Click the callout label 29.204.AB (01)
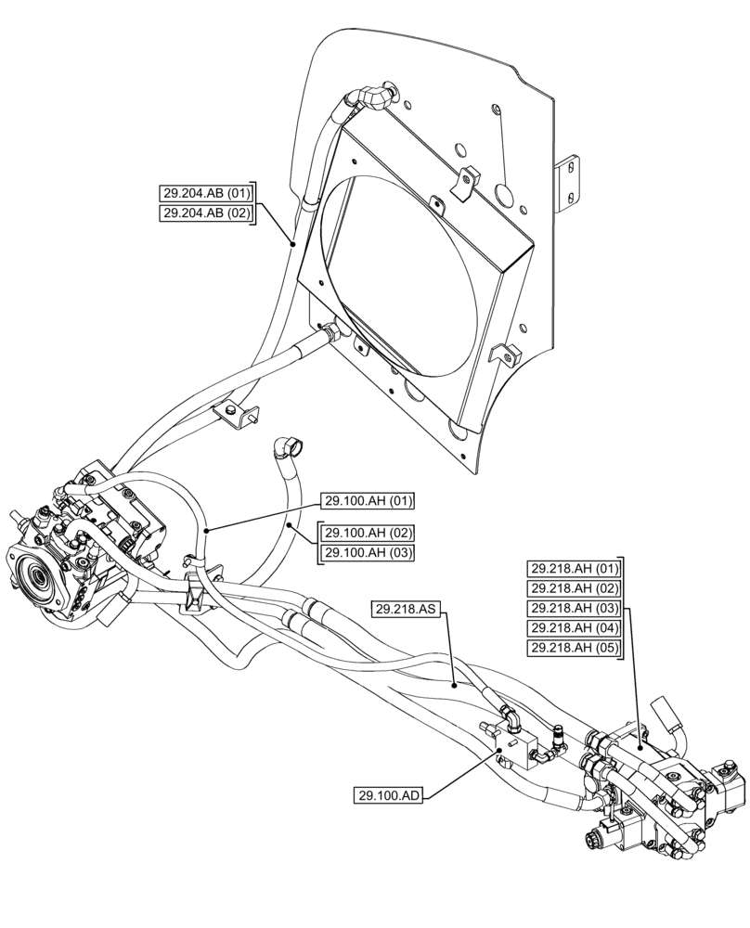[206, 194]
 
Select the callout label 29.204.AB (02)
[206, 213]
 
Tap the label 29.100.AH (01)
[368, 501]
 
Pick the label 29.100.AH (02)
[368, 534]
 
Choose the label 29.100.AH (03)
[368, 553]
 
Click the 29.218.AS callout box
[407, 610]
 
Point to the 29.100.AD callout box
[387, 795]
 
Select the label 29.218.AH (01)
[574, 568]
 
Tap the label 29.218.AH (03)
[574, 608]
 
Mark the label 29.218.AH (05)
[574, 648]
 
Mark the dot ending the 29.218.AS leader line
[454, 685]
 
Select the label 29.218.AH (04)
[574, 628]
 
